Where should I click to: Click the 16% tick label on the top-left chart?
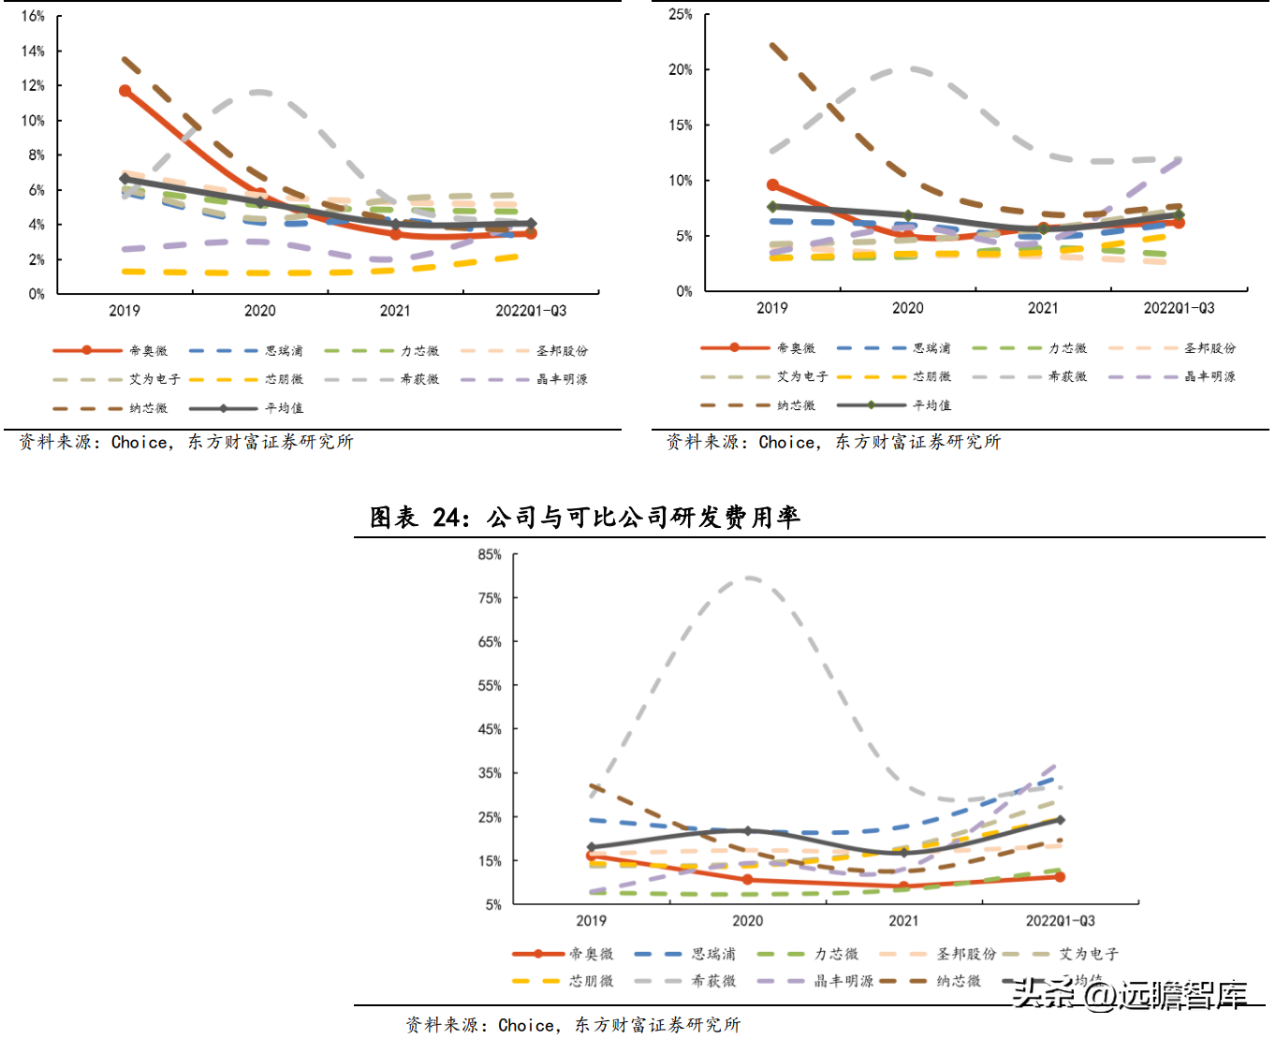(x=33, y=16)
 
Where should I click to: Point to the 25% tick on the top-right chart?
(x=681, y=14)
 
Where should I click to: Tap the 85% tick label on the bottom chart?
(x=490, y=554)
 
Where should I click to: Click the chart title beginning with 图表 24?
(x=585, y=517)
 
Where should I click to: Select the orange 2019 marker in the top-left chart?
(x=125, y=91)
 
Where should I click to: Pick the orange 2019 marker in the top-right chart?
(x=772, y=185)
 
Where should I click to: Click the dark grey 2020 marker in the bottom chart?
(x=747, y=831)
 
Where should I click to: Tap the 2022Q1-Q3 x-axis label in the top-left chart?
(x=531, y=311)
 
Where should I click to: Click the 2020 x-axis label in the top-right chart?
(x=907, y=308)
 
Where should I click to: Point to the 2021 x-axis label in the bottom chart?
(x=903, y=920)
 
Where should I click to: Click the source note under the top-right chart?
(x=833, y=442)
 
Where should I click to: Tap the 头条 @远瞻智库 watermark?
(x=1130, y=993)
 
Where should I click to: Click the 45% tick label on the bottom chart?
(x=490, y=729)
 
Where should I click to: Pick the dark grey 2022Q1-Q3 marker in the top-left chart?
(x=531, y=224)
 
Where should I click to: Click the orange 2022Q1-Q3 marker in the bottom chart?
(x=1060, y=877)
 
